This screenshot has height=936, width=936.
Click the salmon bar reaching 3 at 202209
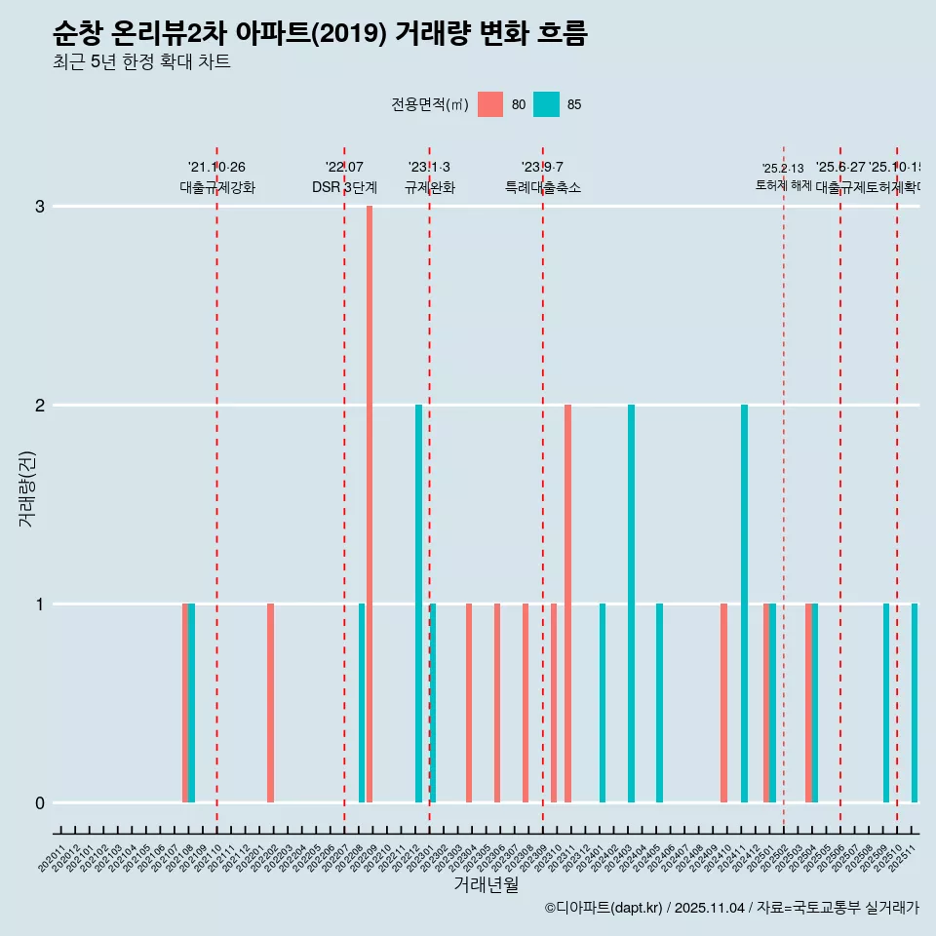tap(370, 504)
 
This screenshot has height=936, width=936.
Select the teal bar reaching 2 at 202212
tap(418, 604)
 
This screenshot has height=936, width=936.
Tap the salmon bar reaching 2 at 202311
tap(567, 604)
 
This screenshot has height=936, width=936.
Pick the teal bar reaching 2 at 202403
tap(631, 604)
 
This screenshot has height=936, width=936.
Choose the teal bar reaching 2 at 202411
tap(744, 604)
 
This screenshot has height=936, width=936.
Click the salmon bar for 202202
tap(270, 703)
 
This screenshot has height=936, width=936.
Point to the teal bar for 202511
tap(915, 703)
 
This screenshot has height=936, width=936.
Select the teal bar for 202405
tap(659, 703)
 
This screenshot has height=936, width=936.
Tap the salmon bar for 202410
tap(723, 703)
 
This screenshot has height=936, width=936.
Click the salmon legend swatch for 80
tap(490, 104)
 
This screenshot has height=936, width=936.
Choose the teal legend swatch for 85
tap(547, 104)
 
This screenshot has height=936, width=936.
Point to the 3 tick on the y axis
tap(40, 207)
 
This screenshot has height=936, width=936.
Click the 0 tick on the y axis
tap(40, 803)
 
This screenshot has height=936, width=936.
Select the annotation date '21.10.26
tap(216, 168)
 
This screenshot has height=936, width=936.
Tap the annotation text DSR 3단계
tap(344, 188)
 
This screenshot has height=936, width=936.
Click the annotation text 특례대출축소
tap(542, 188)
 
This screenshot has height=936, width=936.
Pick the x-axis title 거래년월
tap(486, 884)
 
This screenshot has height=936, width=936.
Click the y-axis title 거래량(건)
tap(26, 487)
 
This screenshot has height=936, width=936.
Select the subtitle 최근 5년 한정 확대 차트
tap(141, 62)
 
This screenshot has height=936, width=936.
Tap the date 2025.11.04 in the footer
tap(709, 909)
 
